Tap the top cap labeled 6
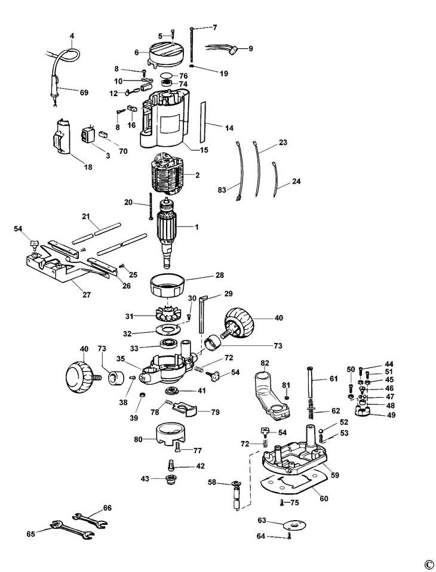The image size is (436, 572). (x=167, y=54)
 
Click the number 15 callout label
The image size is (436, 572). (x=204, y=150)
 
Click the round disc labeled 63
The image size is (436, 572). (x=294, y=525)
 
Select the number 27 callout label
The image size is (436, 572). (x=87, y=295)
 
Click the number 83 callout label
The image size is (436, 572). (x=222, y=190)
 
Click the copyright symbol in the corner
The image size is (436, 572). (x=428, y=564)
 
